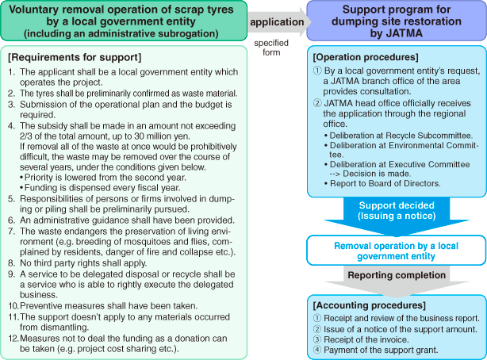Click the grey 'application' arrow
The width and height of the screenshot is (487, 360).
271,22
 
